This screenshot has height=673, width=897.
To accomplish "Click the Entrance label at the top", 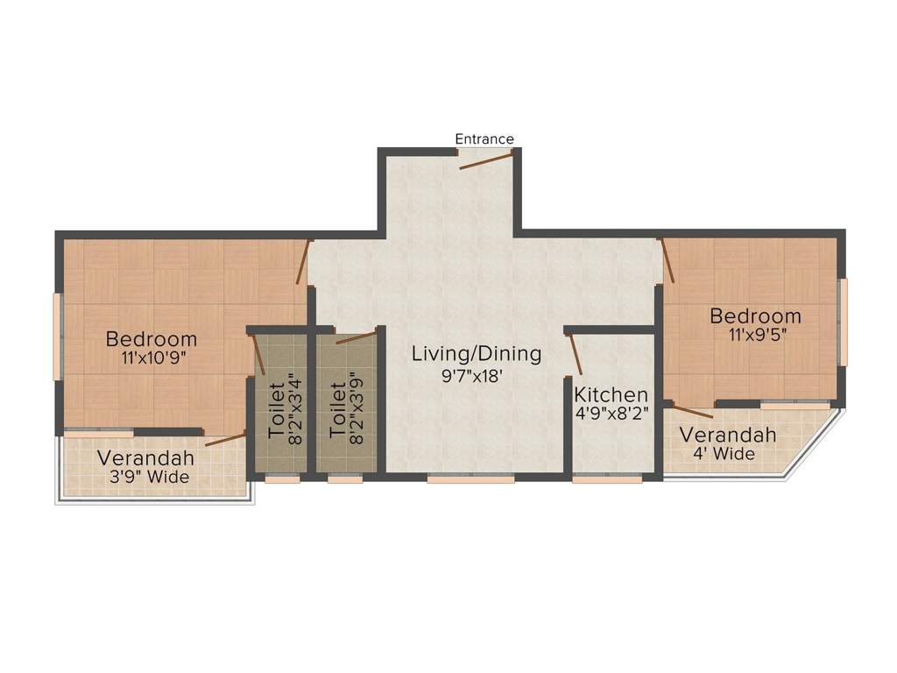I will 484,138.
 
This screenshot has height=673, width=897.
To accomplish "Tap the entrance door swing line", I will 486,158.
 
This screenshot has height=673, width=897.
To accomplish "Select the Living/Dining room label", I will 477,354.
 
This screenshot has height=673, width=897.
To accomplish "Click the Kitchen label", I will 611,395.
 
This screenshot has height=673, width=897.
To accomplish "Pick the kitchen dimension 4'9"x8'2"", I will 611,414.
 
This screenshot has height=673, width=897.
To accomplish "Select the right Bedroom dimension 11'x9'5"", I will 755,335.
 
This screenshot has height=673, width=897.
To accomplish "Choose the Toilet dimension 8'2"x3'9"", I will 357,409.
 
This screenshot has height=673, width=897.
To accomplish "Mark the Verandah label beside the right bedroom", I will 728,436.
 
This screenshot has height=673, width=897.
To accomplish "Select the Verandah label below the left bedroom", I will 145,458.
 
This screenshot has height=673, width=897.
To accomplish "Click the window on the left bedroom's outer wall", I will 58,336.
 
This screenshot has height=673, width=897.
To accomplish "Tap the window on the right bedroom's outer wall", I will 844,322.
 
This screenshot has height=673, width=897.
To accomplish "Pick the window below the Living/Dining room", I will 470,478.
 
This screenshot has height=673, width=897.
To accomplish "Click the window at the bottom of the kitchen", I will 607,478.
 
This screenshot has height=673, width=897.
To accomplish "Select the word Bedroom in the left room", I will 152,339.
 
